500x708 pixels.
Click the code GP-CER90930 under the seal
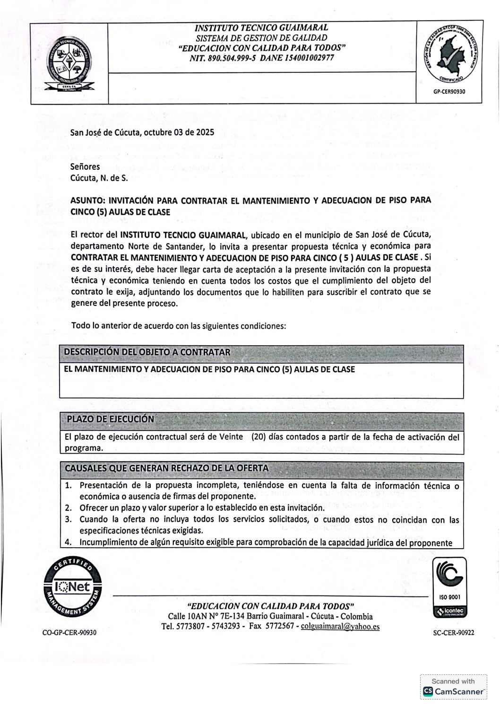[449, 92]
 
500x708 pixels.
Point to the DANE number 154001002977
[303, 58]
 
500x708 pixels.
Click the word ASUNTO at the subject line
[86, 201]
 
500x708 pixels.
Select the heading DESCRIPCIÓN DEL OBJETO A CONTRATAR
[147, 352]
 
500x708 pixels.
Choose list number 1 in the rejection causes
[69, 486]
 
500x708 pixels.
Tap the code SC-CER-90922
[453, 632]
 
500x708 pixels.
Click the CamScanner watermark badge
[453, 686]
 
